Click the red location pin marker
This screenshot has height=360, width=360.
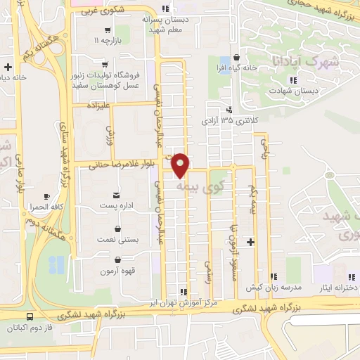pos(181,165)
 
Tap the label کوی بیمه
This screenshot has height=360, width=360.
pos(202,186)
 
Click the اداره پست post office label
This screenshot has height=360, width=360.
pos(116,205)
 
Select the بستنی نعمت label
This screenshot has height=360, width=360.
pos(116,240)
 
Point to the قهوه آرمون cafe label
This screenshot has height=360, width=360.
pos(116,271)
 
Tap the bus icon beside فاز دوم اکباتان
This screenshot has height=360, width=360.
pos(30,317)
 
